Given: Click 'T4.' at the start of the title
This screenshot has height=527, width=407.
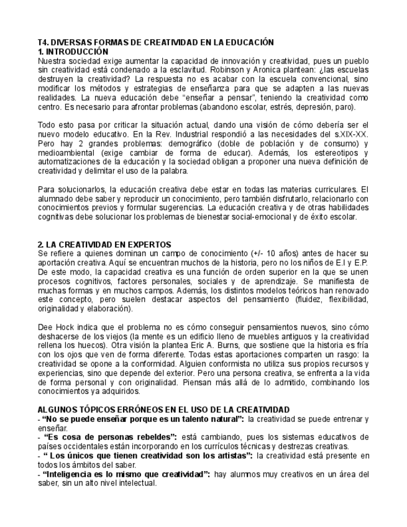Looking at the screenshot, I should click(43, 42).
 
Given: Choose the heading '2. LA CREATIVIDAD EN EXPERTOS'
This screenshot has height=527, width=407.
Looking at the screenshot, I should click(104, 244).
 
